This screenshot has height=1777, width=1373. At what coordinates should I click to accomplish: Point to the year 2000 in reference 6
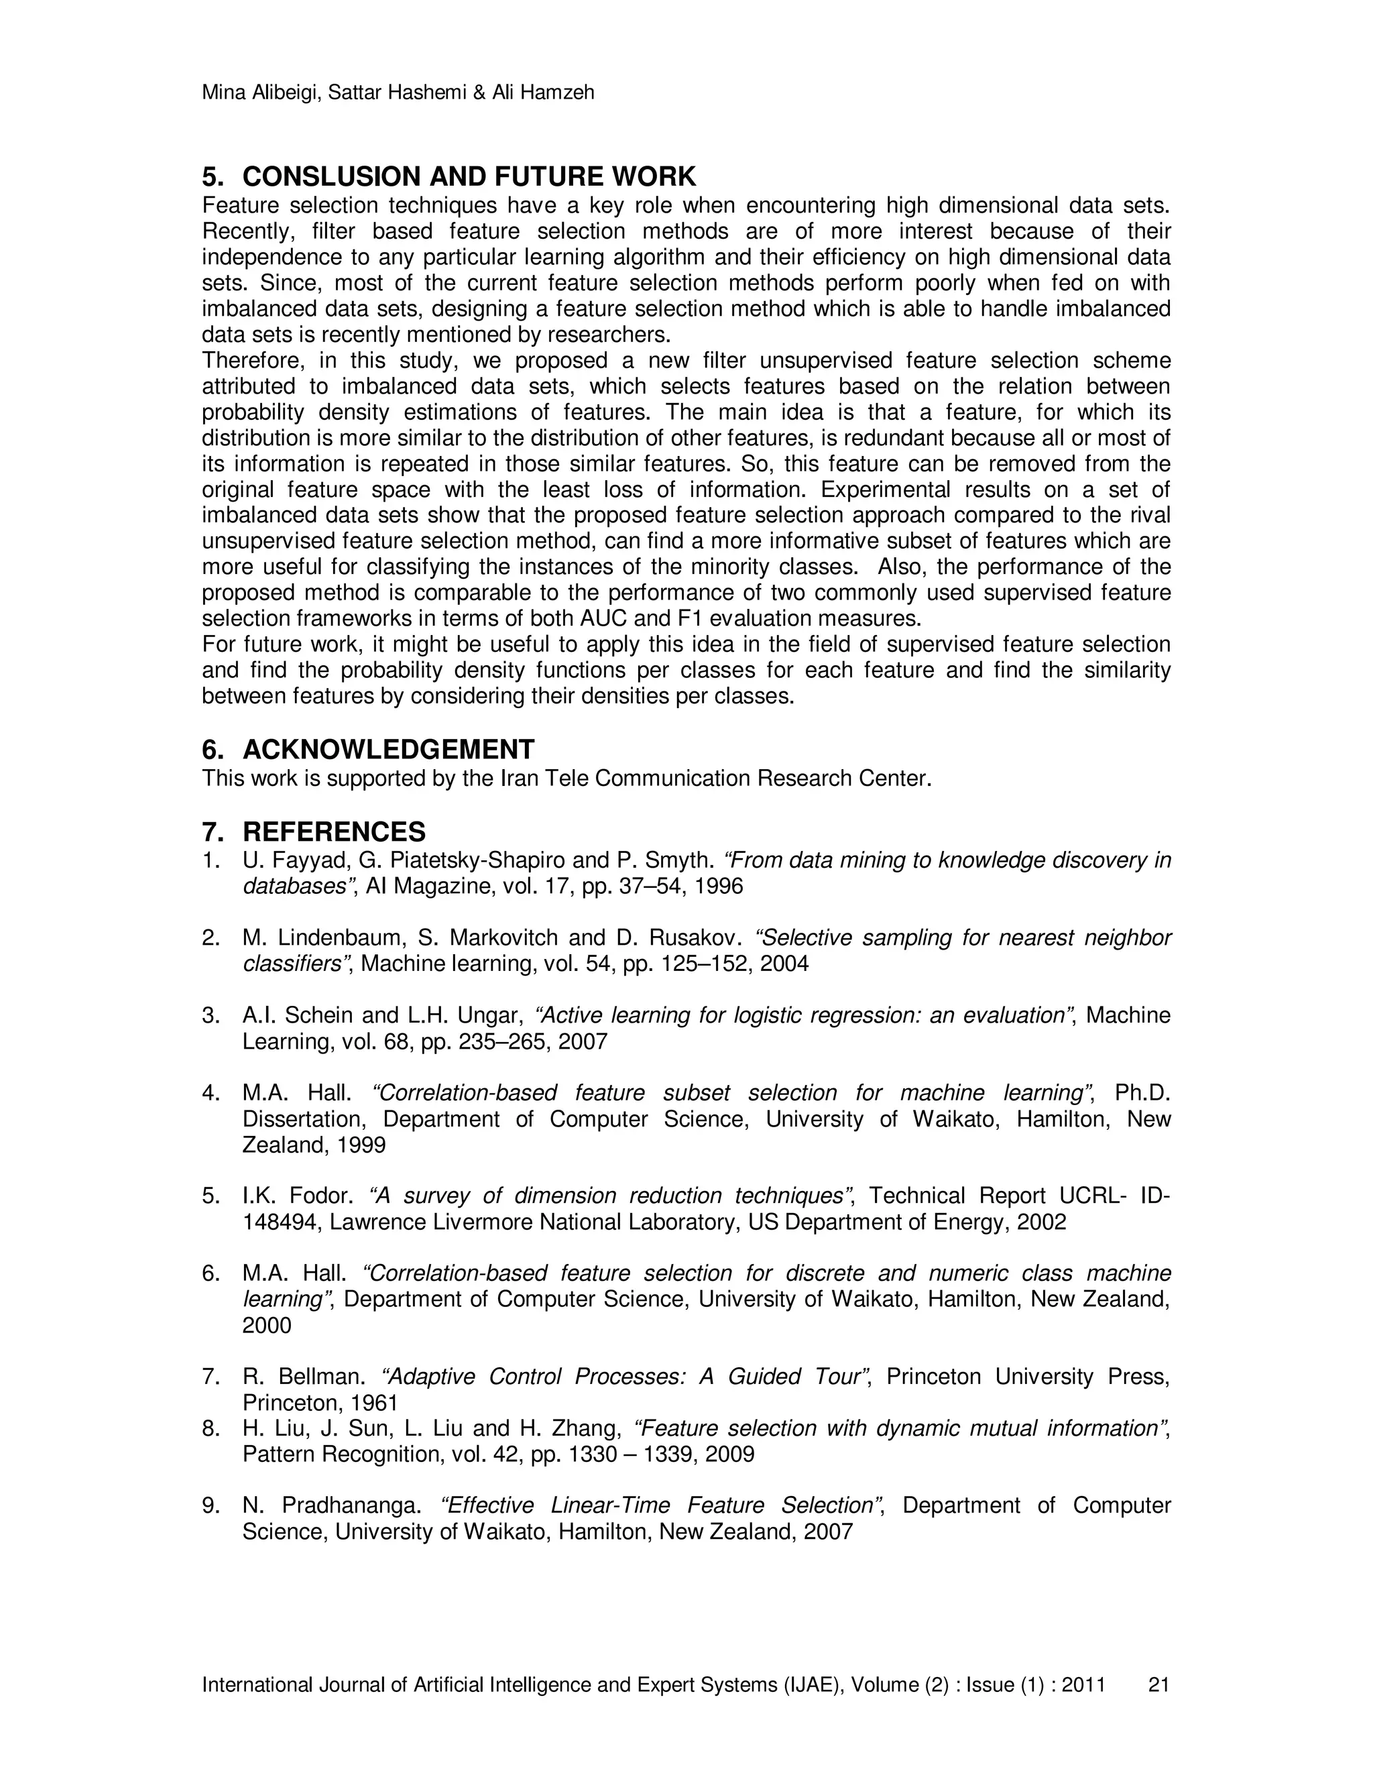[x=266, y=1326]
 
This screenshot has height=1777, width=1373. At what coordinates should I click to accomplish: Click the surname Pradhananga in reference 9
[x=350, y=1506]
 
